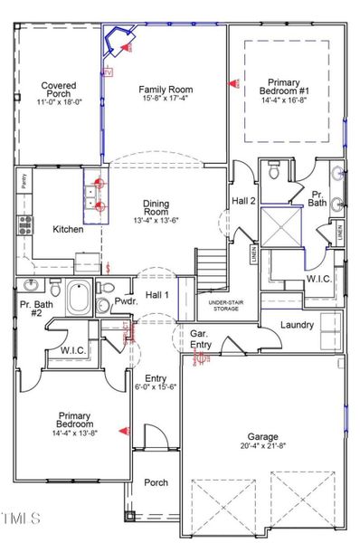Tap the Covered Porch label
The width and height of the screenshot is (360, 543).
coord(57,90)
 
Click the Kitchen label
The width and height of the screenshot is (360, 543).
coord(68,230)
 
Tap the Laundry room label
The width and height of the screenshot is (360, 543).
coord(296,324)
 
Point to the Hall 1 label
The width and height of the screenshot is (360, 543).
coord(158,295)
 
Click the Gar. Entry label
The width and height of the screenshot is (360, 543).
coord(201,339)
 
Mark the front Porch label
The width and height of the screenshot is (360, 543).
coord(156,482)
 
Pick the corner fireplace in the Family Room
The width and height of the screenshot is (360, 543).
coord(118,41)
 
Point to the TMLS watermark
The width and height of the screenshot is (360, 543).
coord(21,519)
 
